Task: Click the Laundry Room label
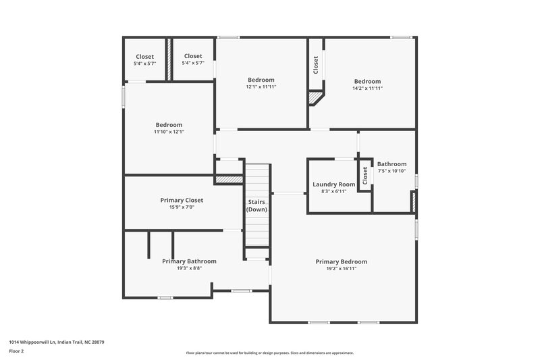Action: point(333,184)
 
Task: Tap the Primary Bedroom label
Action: point(341,261)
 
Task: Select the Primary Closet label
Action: point(182,200)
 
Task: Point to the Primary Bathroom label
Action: point(189,261)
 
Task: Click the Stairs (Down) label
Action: point(256,205)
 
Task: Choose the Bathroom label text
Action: point(391,164)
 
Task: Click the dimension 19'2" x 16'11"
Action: point(341,268)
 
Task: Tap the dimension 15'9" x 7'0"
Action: point(182,207)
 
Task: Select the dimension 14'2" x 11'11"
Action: point(367,88)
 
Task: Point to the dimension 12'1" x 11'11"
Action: point(261,86)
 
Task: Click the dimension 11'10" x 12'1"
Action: point(169,132)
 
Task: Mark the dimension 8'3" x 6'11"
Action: point(333,191)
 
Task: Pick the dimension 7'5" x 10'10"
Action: point(391,171)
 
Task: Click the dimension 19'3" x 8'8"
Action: point(189,268)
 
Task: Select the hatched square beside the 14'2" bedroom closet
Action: point(315,98)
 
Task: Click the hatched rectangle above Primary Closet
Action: point(228,180)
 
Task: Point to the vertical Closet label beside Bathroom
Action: point(365,175)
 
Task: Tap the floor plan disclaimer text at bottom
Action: point(270,353)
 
